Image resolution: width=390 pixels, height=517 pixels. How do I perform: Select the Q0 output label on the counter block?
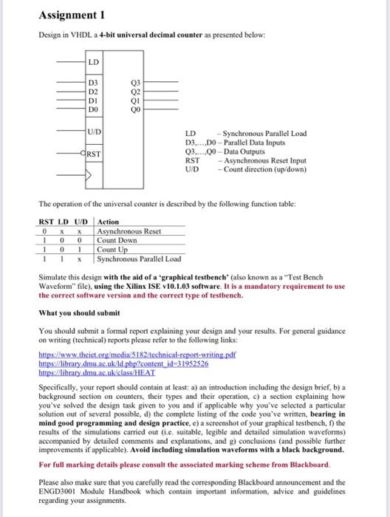[133, 109]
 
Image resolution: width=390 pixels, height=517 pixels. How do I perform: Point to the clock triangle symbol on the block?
[92, 177]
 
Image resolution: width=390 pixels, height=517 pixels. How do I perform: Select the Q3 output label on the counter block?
[133, 83]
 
